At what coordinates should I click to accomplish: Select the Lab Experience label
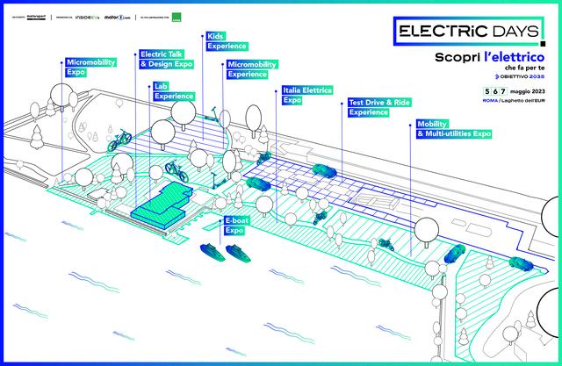pyautogui.click(x=172, y=90)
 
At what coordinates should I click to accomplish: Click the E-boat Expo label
pyautogui.click(x=235, y=226)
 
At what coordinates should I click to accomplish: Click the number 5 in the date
pyautogui.click(x=475, y=91)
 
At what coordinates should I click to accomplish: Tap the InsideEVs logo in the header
pyautogui.click(x=90, y=16)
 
